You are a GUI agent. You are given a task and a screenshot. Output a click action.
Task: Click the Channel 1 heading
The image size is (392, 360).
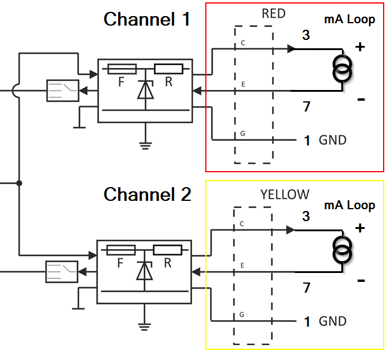[x=147, y=19]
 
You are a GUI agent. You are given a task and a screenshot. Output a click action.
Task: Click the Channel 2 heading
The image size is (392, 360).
[x=147, y=194]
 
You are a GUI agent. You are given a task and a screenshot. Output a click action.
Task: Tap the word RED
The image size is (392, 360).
[x=273, y=14]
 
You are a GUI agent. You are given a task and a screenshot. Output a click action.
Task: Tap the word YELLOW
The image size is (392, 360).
[x=285, y=194]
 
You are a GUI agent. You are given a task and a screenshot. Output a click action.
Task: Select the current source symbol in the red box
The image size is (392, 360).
[x=342, y=69]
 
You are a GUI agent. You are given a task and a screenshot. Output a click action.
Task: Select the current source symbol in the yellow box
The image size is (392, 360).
[x=342, y=250]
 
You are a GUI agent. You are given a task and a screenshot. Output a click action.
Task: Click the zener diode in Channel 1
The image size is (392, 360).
[x=146, y=89]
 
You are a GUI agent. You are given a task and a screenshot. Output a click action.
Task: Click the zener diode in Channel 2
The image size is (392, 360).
[x=144, y=271]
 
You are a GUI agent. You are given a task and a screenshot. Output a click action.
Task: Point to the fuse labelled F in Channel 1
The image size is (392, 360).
[x=122, y=69]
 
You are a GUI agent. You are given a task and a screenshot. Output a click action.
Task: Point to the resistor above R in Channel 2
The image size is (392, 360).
[x=168, y=250]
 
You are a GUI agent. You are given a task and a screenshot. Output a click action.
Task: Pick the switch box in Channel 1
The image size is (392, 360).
[x=63, y=91]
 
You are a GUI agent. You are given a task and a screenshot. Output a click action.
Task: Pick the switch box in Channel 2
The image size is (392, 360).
[x=61, y=272]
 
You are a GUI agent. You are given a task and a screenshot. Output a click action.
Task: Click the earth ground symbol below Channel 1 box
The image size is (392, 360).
[x=146, y=146]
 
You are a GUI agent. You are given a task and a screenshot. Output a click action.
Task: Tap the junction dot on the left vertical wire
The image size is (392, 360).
[x=19, y=183]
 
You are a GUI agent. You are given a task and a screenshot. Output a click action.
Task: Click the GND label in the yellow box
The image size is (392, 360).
[x=332, y=321]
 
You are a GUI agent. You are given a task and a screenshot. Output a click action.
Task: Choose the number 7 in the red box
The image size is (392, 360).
[x=307, y=107]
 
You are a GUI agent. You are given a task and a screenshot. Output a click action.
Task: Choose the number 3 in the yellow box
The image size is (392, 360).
[x=306, y=216]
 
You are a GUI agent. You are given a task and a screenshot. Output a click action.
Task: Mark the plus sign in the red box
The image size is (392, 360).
[x=360, y=47]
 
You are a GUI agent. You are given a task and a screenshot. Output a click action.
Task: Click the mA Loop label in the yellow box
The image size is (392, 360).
[x=350, y=205]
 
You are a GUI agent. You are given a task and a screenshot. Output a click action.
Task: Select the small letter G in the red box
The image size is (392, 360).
[x=242, y=134]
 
